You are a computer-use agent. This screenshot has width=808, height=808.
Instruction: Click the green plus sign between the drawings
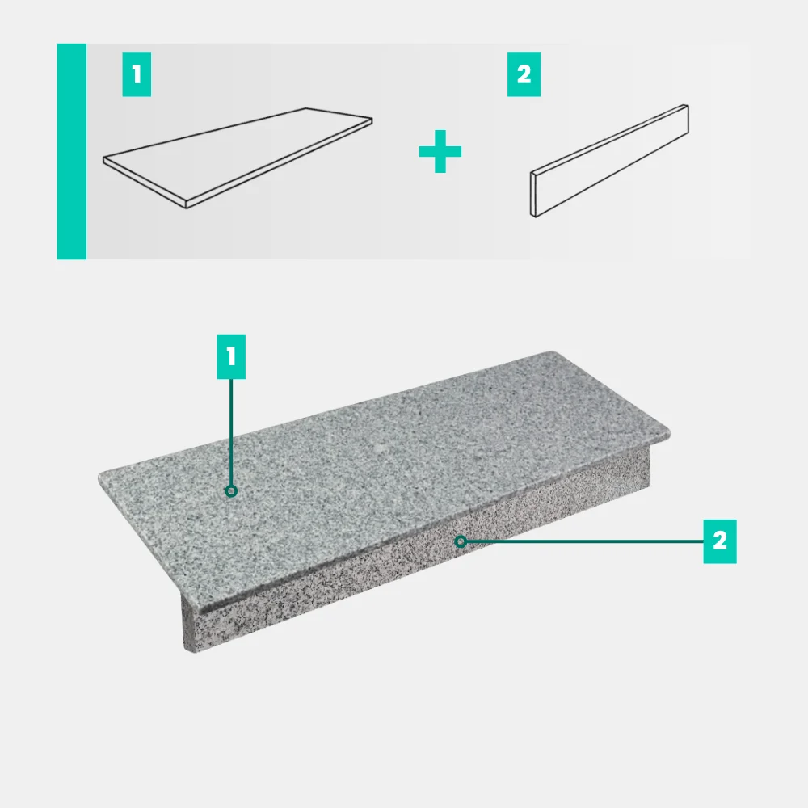point(440,151)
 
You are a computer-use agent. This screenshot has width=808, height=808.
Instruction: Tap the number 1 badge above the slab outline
point(137,74)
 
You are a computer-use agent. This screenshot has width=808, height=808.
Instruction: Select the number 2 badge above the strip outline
point(524,74)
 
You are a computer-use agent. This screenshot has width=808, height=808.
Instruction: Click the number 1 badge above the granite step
point(231,356)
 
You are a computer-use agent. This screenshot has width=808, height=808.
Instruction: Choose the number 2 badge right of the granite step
point(720,541)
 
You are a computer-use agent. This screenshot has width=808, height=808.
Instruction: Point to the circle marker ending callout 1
point(231,491)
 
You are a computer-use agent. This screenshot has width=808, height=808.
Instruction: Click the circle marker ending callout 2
point(461,541)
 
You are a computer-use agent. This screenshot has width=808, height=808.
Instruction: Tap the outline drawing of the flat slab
point(238,158)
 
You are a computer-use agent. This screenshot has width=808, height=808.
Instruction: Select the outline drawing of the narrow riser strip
point(609,161)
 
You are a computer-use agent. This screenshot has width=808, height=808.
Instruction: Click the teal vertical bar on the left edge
point(72,152)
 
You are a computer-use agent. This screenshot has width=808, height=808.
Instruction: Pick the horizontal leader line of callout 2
point(585,541)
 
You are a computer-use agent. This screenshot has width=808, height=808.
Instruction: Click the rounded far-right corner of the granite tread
point(668,429)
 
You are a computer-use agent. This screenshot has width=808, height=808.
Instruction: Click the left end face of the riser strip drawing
point(533,194)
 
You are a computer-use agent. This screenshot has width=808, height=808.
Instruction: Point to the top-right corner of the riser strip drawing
point(688,106)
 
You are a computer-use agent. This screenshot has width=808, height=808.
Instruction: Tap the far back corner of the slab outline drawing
point(306,108)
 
